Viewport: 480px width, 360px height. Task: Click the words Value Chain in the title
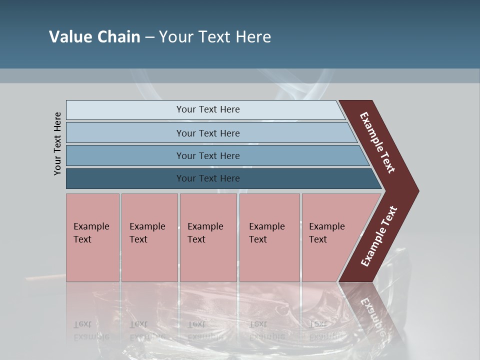[x=94, y=37]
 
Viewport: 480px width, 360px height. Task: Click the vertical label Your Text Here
[x=57, y=143]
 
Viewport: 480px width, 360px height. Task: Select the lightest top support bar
[x=125, y=110]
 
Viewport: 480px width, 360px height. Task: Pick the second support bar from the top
[x=125, y=133]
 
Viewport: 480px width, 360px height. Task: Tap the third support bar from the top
[x=125, y=155]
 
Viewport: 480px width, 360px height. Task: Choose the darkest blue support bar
[x=125, y=178]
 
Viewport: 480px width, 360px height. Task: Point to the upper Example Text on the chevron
[x=377, y=142]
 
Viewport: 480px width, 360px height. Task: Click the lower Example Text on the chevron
[x=378, y=236]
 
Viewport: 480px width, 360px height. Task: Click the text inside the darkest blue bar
[x=208, y=178]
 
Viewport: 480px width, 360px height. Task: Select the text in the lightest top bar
[x=208, y=109]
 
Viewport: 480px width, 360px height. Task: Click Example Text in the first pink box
[x=91, y=232]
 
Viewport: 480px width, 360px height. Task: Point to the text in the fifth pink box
[x=326, y=232]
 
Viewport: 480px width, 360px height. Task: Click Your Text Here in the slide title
[x=215, y=37]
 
